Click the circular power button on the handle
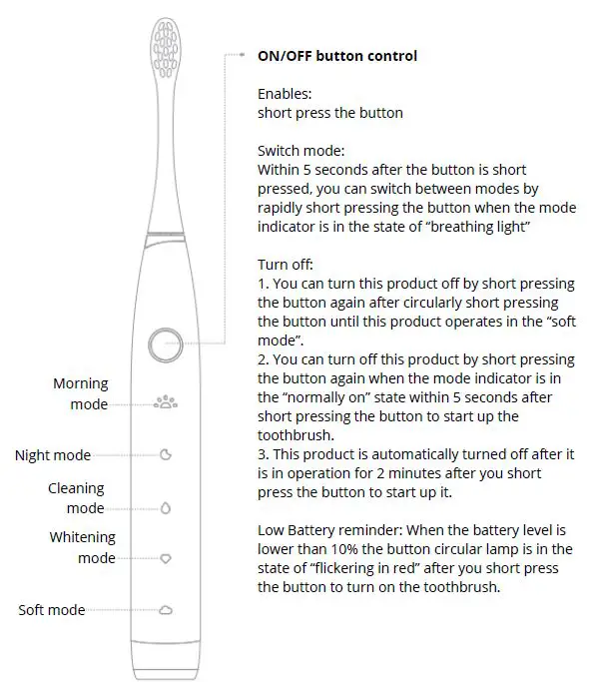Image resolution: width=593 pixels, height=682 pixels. click(x=165, y=344)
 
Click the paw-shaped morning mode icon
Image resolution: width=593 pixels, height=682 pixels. click(x=165, y=403)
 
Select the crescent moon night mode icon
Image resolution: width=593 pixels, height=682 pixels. click(x=166, y=455)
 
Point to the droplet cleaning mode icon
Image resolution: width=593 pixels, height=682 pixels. click(x=166, y=507)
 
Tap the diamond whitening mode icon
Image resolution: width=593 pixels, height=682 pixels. click(x=166, y=558)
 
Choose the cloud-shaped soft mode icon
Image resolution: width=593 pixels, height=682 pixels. click(x=166, y=610)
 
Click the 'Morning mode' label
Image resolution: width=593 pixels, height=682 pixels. click(x=81, y=393)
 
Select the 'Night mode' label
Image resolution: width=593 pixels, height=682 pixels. click(x=53, y=455)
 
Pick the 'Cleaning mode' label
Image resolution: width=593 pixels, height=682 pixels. click(x=77, y=498)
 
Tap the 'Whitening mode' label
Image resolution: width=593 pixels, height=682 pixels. click(x=83, y=547)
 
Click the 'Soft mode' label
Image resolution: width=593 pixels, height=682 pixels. click(x=51, y=610)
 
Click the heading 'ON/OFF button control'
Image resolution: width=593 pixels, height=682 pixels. click(x=337, y=56)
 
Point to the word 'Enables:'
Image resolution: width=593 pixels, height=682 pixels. click(x=285, y=94)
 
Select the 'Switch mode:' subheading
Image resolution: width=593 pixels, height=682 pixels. click(x=299, y=151)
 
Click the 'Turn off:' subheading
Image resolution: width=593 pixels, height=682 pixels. click(x=286, y=265)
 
